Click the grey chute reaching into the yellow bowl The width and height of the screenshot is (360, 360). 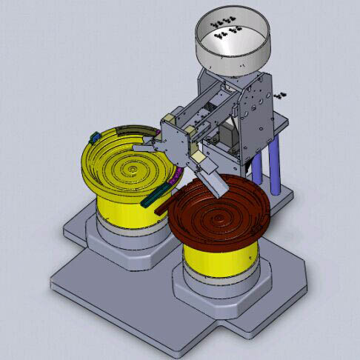[152, 141]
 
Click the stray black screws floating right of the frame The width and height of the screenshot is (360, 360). [281, 96]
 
